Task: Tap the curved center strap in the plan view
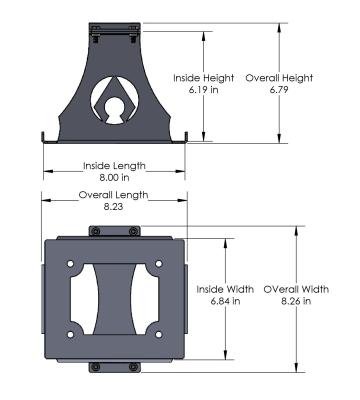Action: [x=112, y=298]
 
